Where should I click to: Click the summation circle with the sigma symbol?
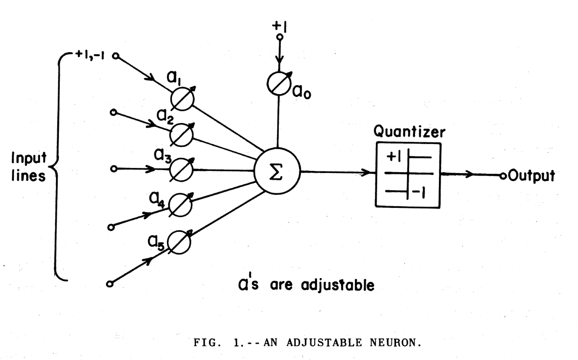coord(277,171)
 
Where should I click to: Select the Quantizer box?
coord(408,175)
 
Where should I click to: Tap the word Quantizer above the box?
coord(409,132)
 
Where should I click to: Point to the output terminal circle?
coord(503,176)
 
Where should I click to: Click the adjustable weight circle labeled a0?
coord(279,84)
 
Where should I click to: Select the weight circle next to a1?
coord(182,99)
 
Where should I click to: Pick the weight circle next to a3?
coord(181,169)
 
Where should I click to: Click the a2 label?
coord(165,117)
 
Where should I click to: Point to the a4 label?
coord(157,200)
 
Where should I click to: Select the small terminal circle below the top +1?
coord(280,37)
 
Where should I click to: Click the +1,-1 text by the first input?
coord(90,54)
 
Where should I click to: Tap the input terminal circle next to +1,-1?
coord(116,56)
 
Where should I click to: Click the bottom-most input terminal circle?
coord(110,284)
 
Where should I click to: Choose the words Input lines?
coord(29,167)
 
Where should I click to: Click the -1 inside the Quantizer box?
coord(419,192)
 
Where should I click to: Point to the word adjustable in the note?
coord(338,285)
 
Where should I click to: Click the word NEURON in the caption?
coord(395,343)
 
